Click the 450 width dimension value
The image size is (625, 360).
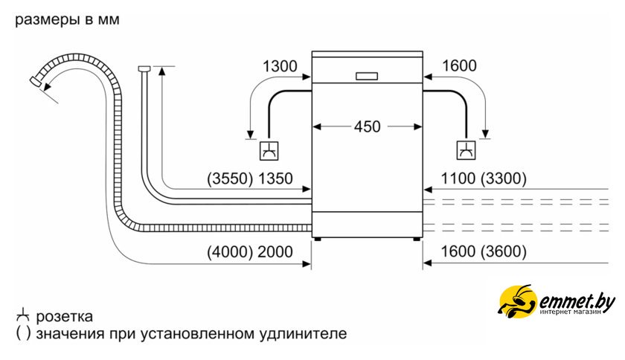click(367, 126)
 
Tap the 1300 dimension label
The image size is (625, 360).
click(279, 66)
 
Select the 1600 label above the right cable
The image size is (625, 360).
click(458, 66)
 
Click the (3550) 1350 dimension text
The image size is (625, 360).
click(249, 179)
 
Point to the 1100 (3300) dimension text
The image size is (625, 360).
click(484, 179)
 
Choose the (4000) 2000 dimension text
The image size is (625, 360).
click(249, 252)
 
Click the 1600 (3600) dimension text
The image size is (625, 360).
click(484, 252)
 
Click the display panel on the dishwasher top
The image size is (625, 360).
click(368, 75)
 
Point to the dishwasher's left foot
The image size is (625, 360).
click(318, 239)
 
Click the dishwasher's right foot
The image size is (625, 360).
click(417, 239)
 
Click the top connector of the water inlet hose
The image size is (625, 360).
click(144, 69)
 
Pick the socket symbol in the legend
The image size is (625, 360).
click(24, 316)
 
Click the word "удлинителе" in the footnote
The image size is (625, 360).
click(308, 334)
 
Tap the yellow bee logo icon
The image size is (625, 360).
click(515, 303)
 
